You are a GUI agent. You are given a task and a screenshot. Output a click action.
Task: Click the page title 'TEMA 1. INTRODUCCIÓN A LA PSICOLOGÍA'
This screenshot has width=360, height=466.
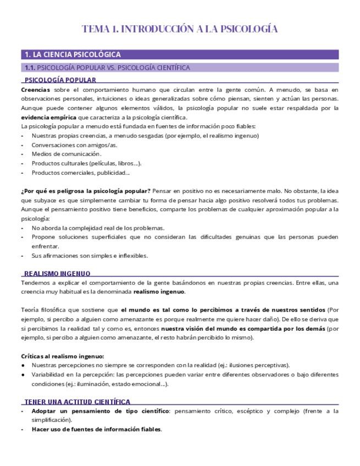tap(180, 29)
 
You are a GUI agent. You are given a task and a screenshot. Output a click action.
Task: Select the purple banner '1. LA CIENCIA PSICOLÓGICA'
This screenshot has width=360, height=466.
tap(73, 54)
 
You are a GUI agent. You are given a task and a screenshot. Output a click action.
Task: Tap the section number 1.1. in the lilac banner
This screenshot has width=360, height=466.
tap(30, 68)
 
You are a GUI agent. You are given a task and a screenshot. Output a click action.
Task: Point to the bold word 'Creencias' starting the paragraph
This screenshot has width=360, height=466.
tap(35, 89)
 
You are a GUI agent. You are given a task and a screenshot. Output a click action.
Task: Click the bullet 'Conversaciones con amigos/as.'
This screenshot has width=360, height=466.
tap(75, 145)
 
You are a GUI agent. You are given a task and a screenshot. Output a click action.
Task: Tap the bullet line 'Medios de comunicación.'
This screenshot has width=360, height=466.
tap(67, 154)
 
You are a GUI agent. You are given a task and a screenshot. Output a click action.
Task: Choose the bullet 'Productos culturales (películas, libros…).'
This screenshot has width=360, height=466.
tap(87, 163)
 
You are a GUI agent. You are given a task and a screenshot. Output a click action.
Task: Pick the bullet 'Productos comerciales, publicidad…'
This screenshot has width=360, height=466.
tap(81, 173)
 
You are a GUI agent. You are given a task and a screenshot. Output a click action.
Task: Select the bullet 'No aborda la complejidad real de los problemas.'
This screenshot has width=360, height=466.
tap(98, 228)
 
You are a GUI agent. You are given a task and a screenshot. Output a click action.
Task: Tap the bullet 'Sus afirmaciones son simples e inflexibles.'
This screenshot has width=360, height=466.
tap(90, 256)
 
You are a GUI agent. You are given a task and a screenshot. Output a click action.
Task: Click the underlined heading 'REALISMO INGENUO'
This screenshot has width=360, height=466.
tap(57, 273)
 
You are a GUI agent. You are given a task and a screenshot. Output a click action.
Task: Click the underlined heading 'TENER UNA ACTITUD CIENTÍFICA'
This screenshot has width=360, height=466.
tap(77, 402)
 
